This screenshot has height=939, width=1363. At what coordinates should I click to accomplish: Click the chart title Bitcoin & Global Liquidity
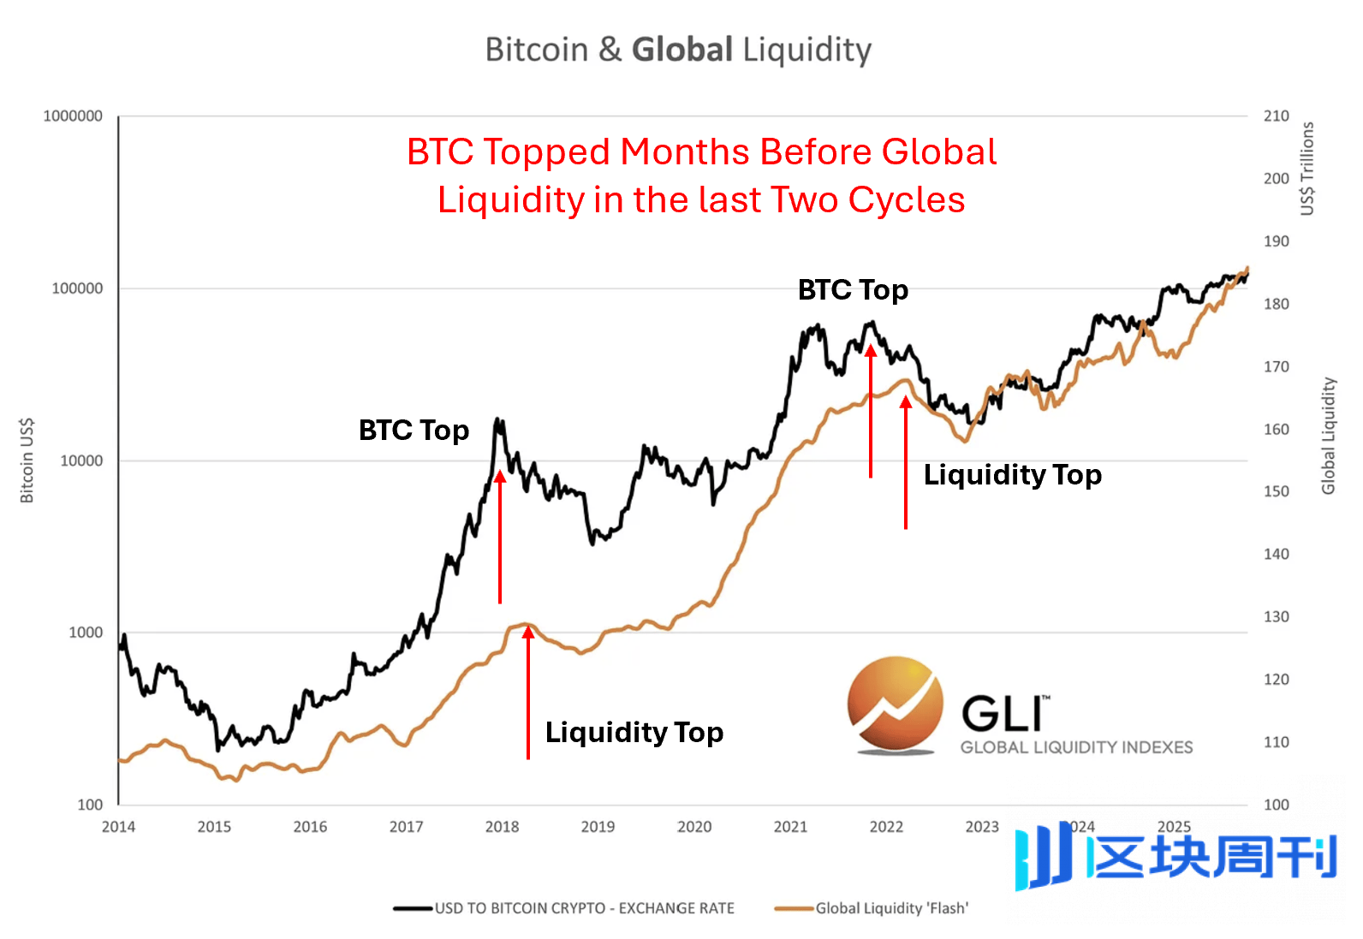coord(678,50)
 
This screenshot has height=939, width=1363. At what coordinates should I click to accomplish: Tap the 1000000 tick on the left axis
coord(73,116)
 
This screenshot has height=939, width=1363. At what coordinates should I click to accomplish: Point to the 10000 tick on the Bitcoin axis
coord(81,461)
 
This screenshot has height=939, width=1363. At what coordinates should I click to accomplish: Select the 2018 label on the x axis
coord(502,827)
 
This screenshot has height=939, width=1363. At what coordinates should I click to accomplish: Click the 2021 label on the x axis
coord(790,827)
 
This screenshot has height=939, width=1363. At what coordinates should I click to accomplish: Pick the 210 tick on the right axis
coord(1276,116)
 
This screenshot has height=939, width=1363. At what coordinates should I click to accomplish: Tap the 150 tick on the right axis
coord(1276,491)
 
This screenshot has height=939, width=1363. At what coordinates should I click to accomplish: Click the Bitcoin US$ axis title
coord(27,461)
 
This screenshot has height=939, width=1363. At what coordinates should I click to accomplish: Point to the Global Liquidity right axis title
coord(1328,436)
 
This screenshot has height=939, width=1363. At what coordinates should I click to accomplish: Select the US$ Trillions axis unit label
coord(1306,169)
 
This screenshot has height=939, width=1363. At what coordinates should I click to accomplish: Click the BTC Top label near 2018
coord(414,430)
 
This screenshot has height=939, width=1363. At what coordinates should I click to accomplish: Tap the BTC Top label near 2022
coord(853,290)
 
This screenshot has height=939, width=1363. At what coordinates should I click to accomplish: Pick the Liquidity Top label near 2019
coord(634,733)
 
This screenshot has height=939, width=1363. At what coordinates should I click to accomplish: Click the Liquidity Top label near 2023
coord(1012,475)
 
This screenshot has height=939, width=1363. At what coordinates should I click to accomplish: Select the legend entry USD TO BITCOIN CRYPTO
coord(584,908)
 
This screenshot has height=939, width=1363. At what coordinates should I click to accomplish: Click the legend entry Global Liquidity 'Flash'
coord(891,908)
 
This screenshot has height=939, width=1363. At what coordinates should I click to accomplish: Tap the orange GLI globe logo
coord(895,704)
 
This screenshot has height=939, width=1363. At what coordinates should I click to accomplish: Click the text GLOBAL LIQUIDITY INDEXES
coord(1076,747)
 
